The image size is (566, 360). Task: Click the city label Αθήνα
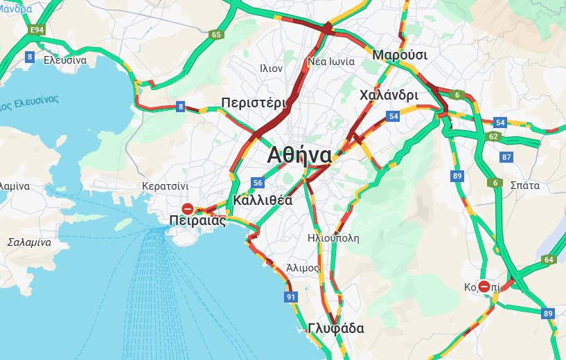299,154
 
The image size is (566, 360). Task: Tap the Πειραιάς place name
197,221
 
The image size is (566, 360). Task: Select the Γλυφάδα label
336,328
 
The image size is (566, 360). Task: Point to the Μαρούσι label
400,55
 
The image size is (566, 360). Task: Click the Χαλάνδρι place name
389,96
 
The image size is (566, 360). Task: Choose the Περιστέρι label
254,103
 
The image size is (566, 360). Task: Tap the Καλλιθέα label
263,200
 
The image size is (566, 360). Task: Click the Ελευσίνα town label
65,60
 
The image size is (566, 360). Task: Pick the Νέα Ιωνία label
331,61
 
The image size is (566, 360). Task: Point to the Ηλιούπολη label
333,238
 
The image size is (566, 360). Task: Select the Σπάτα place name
524,185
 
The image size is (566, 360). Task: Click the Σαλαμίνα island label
29,242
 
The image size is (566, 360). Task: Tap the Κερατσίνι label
165,186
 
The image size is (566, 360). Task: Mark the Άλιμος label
303,268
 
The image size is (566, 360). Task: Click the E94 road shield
36,30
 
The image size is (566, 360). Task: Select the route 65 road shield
217,35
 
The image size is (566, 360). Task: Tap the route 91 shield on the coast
290,297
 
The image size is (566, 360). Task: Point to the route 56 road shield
258,183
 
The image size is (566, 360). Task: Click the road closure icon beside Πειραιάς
188,208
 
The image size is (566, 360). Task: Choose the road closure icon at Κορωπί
484,287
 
